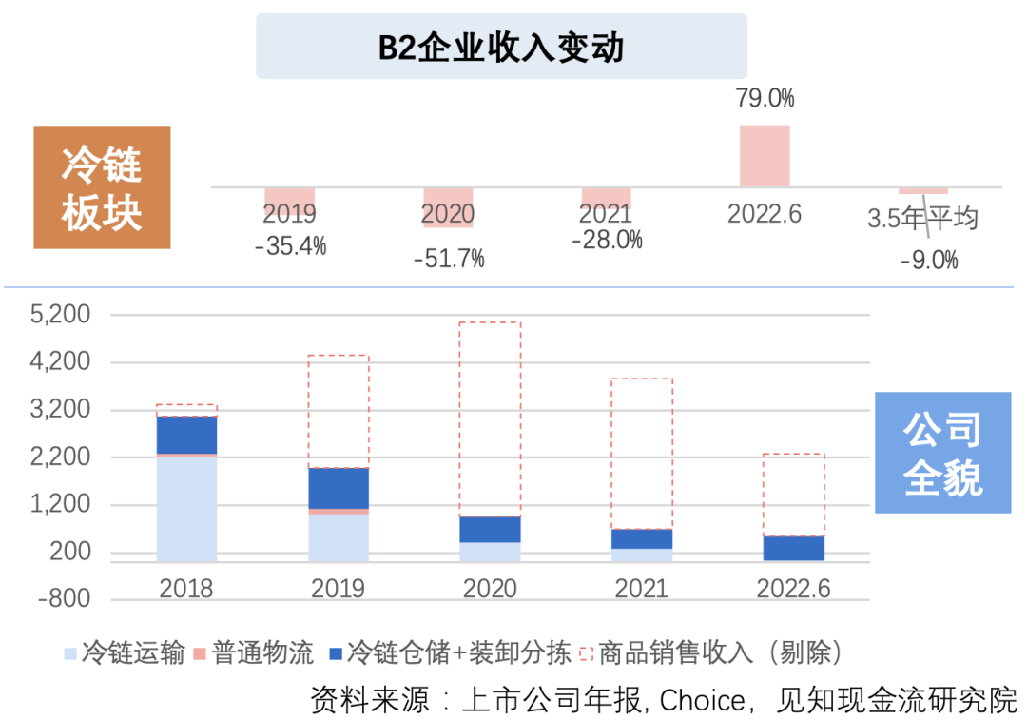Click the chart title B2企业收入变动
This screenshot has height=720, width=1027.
pyautogui.click(x=501, y=47)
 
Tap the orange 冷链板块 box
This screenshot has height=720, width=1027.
pyautogui.click(x=102, y=188)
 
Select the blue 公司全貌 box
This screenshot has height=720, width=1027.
pyautogui.click(x=941, y=454)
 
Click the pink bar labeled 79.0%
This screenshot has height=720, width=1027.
pyautogui.click(x=765, y=156)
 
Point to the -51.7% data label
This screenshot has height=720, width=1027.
pyautogui.click(x=449, y=258)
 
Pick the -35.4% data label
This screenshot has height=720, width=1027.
pyautogui.click(x=290, y=246)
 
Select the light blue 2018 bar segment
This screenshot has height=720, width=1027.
pyautogui.click(x=186, y=508)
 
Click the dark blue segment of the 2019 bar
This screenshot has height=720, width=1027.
pyautogui.click(x=339, y=488)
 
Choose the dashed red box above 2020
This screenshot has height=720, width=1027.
pyautogui.click(x=490, y=418)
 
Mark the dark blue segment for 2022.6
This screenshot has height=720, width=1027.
pyautogui.click(x=793, y=548)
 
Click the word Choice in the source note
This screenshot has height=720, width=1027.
pyautogui.click(x=702, y=700)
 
